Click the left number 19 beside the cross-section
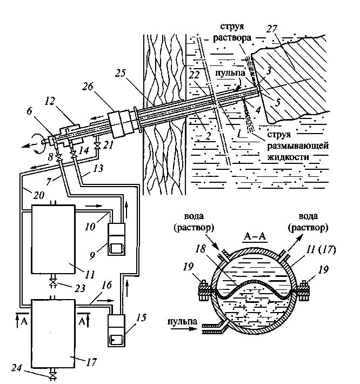pyautogui.click(x=201, y=266)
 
